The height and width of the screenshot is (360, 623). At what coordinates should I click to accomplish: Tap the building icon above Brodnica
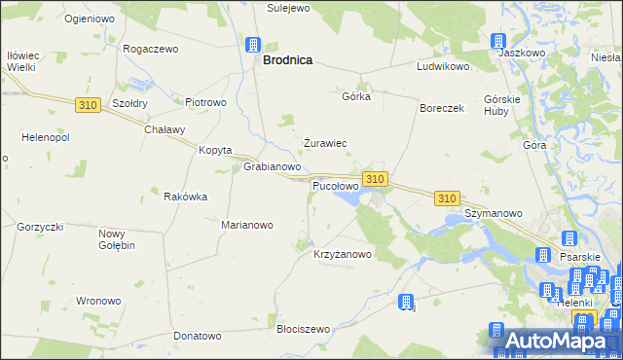click(253, 44)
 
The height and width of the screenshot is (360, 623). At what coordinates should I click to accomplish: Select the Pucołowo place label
click(335, 185)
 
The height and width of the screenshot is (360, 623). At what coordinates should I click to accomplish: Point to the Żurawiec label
click(324, 143)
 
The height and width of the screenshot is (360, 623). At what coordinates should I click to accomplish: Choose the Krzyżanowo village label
click(343, 254)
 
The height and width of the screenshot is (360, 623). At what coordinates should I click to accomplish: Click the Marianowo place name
click(247, 225)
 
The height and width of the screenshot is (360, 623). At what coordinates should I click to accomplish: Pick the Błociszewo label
click(304, 329)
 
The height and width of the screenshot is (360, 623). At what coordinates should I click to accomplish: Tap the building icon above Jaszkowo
click(498, 41)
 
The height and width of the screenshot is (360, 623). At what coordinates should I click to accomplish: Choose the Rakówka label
click(186, 197)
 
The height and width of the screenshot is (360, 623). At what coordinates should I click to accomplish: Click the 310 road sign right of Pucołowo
click(376, 178)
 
